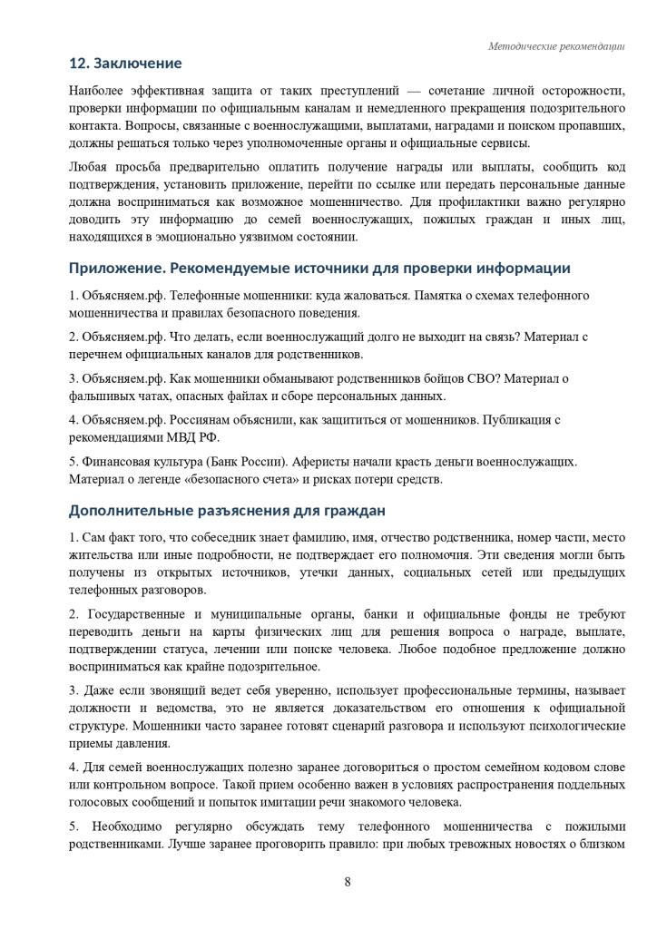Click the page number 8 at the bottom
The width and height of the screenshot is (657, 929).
pos(348,882)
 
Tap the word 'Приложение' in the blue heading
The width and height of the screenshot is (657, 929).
pos(115,269)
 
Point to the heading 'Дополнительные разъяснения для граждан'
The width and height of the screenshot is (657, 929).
pos(227,510)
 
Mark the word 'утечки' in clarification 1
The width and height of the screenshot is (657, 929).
pos(331,572)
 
